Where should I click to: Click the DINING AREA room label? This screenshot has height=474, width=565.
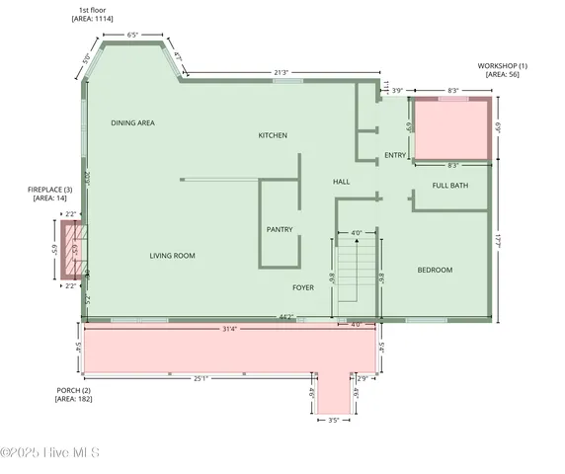point(132,122)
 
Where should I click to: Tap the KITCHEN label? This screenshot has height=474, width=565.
point(273,135)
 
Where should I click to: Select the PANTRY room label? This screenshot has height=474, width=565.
point(279,229)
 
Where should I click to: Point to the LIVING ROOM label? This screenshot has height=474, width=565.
point(172,256)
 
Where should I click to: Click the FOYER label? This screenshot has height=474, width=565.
point(303,287)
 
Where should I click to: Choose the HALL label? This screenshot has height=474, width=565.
point(341,182)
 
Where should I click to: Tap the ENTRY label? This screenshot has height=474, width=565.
point(395,155)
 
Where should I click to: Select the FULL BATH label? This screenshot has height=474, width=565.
point(450,186)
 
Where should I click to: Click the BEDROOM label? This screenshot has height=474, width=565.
point(435,270)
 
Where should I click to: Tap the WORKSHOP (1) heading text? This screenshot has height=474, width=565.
point(502,65)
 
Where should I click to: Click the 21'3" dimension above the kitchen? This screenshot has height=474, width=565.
point(282,72)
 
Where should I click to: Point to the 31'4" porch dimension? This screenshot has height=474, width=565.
point(228,328)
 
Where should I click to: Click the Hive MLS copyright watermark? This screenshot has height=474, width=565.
point(49,453)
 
